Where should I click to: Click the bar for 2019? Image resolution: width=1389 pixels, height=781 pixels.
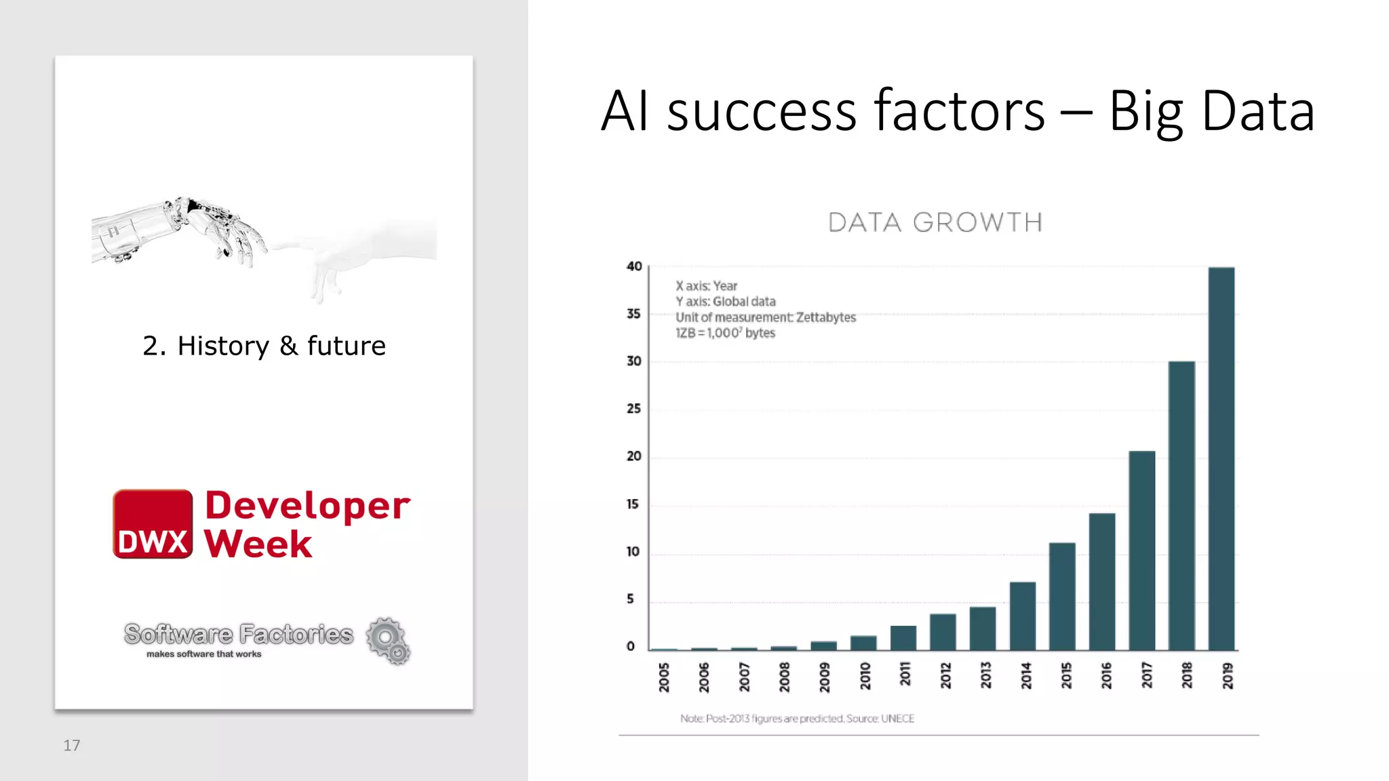point(1221,459)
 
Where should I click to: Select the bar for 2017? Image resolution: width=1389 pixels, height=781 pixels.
point(1141,550)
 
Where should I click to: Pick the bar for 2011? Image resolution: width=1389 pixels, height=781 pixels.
point(903,638)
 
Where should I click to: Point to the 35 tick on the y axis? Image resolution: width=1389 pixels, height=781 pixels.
point(633,314)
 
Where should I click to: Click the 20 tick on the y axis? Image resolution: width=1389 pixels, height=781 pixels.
point(633,456)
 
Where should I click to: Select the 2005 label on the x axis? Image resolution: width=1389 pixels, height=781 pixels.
point(664,677)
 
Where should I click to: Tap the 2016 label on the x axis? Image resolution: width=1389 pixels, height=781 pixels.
point(1106,676)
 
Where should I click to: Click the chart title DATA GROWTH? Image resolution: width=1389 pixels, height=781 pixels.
point(935,222)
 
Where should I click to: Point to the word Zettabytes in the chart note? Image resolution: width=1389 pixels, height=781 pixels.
point(825,317)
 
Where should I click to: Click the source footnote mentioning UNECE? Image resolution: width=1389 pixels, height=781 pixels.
point(798,719)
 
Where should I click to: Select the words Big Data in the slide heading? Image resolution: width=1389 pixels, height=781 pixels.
point(1211,111)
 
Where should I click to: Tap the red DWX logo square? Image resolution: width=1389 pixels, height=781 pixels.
point(153,524)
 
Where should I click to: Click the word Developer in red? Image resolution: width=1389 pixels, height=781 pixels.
point(307,506)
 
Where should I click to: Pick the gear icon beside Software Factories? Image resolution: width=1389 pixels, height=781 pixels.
point(388,640)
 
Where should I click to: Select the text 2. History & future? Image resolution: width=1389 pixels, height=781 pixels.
point(264,346)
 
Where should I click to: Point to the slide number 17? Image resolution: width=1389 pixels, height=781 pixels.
point(72,746)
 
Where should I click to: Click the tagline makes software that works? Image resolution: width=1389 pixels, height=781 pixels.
point(203,654)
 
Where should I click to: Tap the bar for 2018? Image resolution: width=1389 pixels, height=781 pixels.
point(1181,506)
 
